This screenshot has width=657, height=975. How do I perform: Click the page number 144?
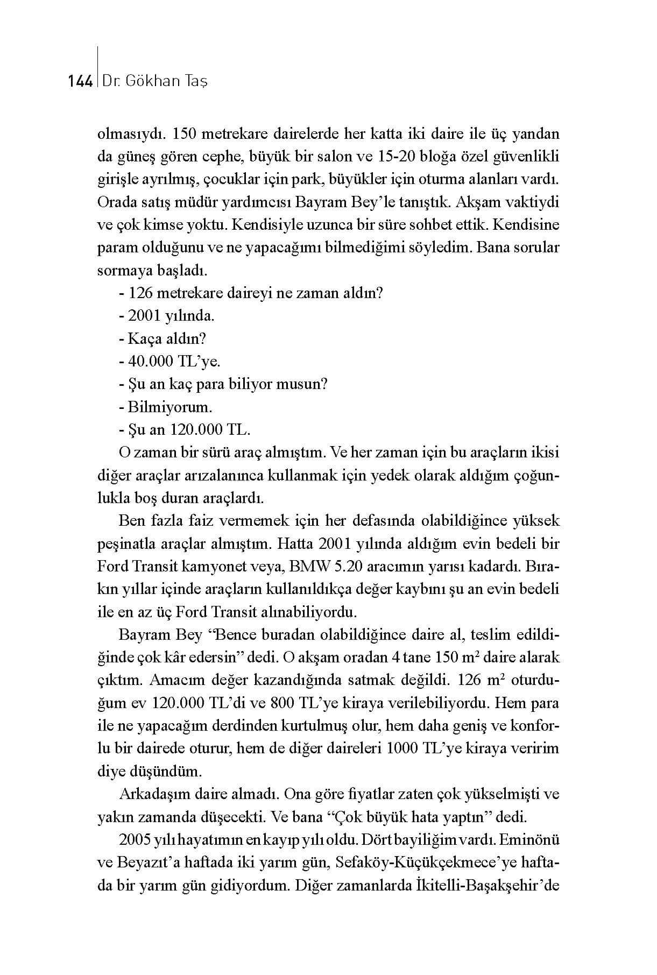pos(80,82)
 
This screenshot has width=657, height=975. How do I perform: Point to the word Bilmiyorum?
pos(169,407)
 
